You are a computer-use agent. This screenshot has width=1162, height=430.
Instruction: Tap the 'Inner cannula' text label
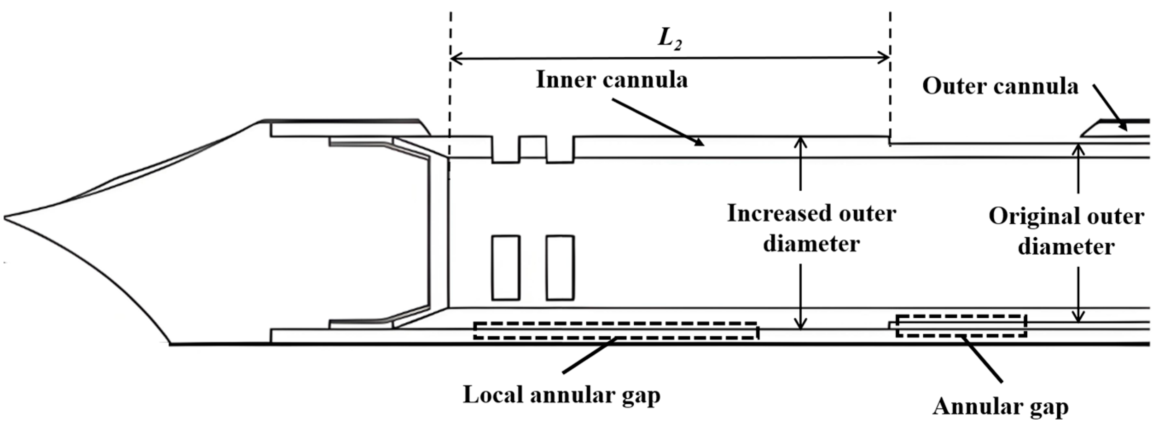point(612,80)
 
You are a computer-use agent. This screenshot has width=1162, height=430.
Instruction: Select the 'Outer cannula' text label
point(1000,86)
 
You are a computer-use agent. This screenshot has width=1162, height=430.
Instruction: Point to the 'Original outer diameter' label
point(1066,231)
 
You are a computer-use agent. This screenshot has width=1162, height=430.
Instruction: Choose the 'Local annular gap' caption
point(562,395)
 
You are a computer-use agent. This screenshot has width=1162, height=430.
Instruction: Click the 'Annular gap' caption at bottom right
point(1000,406)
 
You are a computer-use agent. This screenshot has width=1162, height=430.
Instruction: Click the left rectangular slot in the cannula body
point(506,268)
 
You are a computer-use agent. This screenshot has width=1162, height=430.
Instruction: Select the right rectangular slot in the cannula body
point(560,268)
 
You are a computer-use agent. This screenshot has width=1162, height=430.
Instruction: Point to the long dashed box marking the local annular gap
point(616,331)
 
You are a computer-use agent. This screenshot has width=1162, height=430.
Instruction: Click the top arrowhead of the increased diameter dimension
point(800,141)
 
